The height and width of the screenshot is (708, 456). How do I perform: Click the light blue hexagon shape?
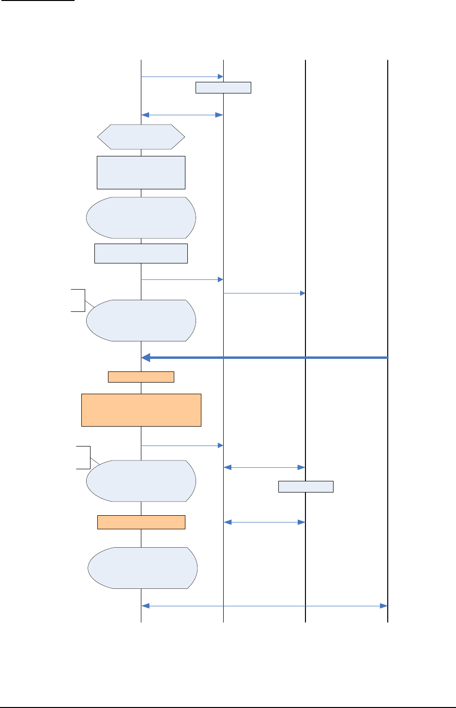point(141,137)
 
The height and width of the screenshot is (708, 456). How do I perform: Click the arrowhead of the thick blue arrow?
point(145,357)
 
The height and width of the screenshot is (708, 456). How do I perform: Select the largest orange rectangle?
point(141,410)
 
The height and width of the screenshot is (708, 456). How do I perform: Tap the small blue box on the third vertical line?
point(305,486)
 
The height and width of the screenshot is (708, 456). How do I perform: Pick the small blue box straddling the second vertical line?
point(223,87)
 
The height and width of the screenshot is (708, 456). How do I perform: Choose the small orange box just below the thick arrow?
point(141,377)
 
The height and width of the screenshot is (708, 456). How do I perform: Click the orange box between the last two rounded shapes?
point(141,522)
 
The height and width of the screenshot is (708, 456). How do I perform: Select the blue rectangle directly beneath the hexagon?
point(141,172)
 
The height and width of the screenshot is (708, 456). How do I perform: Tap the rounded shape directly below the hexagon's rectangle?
point(141,217)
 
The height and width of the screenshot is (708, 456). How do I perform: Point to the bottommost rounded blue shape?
point(142,568)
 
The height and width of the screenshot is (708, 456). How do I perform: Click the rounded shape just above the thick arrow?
point(141,321)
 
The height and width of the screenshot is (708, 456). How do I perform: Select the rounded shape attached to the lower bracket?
point(141,481)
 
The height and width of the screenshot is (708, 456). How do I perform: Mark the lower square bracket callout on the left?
point(84,457)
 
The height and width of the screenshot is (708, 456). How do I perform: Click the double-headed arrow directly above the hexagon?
point(182,115)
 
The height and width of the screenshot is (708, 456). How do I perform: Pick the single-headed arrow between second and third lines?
point(264,293)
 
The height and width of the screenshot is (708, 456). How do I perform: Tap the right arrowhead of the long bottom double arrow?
point(384,606)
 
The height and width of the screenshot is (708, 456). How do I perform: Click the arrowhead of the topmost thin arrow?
point(221,77)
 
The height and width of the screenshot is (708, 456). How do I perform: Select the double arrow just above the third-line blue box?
point(264,467)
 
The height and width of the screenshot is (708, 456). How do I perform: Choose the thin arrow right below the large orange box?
point(182,445)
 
